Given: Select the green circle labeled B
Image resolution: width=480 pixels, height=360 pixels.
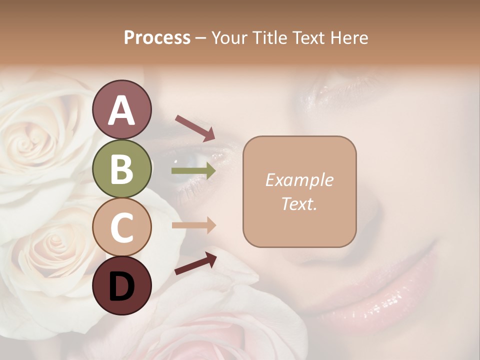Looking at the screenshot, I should pos(121,168).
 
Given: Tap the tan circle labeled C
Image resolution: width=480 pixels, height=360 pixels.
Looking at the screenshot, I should pos(121,227).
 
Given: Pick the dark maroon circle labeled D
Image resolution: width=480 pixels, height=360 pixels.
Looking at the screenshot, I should pos(121,285).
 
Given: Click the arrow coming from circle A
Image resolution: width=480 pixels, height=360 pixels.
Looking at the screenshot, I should pos(195,127).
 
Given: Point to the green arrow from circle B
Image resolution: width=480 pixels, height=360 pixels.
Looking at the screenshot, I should pos(193,171).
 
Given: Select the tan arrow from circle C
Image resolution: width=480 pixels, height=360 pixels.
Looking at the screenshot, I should pos(193,225).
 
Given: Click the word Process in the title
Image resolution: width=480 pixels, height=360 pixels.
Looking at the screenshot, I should pos(157,37).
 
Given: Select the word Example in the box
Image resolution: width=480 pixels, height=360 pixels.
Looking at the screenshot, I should pos(299,180).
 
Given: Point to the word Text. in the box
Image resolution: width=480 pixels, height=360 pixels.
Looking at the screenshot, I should pos(299,203).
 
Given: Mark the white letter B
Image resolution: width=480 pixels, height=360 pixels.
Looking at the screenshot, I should pos(121,168).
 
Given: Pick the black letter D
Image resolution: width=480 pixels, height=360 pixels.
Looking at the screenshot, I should pos(121,286).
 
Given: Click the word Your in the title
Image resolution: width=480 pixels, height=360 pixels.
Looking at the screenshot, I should pos(230,37).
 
